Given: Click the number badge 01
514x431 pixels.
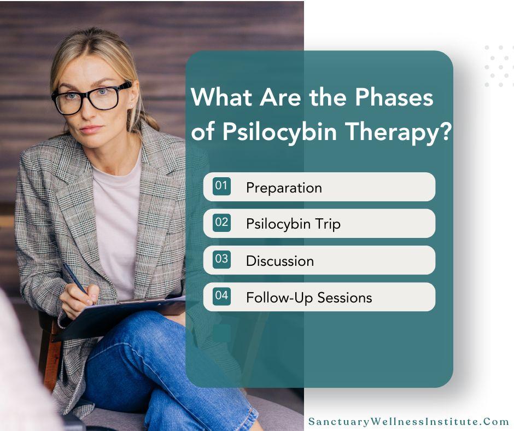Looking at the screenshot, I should [x=221, y=186].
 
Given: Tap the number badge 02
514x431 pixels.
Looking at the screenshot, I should [x=221, y=223].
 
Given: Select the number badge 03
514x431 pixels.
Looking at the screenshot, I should [x=221, y=259].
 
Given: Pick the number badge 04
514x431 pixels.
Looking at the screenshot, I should [x=221, y=296].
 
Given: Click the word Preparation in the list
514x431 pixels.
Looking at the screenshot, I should [x=284, y=188].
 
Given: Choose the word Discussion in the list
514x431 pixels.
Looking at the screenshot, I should [x=280, y=261].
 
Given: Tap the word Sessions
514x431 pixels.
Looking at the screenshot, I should [x=344, y=298].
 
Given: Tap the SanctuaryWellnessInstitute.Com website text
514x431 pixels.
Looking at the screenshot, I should [x=409, y=422].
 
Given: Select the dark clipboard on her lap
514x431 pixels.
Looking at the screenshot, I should [x=120, y=317].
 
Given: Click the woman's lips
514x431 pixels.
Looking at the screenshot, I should [x=91, y=130].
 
